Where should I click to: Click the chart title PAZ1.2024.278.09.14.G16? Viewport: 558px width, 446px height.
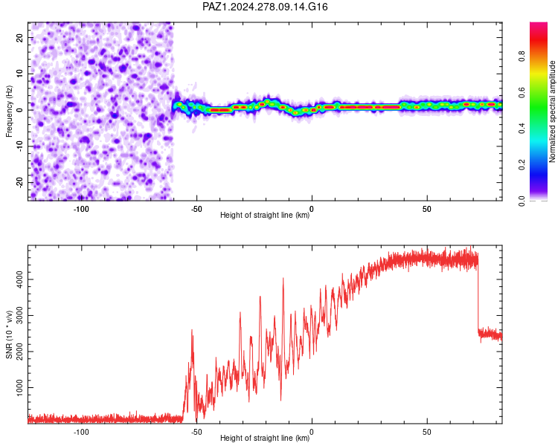[265, 7]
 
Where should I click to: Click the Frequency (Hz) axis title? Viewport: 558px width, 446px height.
[9, 111]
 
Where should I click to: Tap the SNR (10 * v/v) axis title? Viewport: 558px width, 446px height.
[9, 334]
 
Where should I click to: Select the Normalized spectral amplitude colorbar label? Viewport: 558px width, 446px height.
[552, 111]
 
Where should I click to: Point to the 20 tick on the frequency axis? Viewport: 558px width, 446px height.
[20, 37]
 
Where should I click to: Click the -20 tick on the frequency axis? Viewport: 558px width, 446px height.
[20, 182]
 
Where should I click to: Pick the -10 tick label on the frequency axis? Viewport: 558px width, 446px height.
[20, 146]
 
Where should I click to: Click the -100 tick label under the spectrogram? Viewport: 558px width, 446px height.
[81, 209]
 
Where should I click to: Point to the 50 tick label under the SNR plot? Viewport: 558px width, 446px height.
[427, 432]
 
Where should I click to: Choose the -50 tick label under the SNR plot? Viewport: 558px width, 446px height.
[196, 432]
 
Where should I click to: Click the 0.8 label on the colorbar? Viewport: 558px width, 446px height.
[522, 56]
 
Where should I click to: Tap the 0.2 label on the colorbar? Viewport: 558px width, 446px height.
[522, 165]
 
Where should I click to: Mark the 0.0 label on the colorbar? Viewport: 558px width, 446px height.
[522, 201]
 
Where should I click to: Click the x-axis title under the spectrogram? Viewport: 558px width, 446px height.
[265, 215]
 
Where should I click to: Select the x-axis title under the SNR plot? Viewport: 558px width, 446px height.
[265, 438]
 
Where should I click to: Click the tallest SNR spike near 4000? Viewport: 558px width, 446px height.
[283, 279]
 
